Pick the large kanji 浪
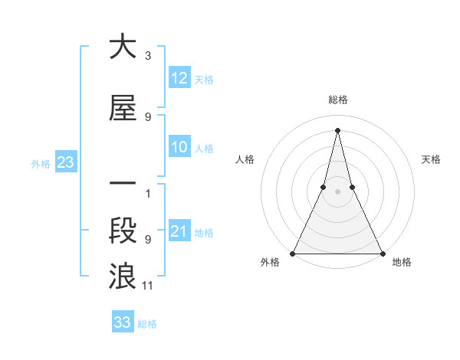122,276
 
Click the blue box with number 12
179,78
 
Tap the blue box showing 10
179,147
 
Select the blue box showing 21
179,231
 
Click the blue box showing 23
65,162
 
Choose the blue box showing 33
122,322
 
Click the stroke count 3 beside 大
148,56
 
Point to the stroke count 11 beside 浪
148,286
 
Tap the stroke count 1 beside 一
148,193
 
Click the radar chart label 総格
338,100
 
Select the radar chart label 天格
431,159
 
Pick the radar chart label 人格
245,159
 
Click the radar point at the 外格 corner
293,253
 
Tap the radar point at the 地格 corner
383,253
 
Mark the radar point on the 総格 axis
337,129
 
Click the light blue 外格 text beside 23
41,163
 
